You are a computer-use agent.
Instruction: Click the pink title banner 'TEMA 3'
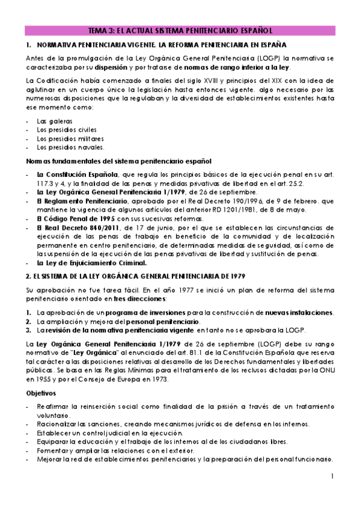click(180, 30)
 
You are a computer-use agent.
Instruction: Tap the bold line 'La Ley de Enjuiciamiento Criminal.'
click(91, 263)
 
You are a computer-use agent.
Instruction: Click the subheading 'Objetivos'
click(41, 392)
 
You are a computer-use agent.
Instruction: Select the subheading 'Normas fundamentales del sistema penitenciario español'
click(118, 161)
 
